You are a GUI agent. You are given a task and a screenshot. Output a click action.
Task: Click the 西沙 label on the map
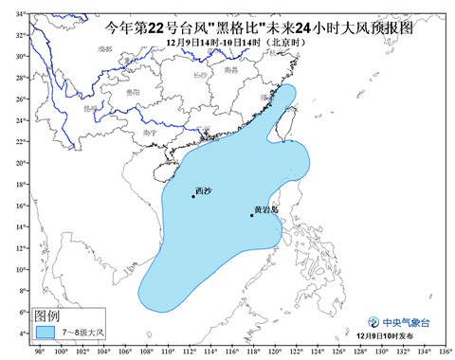coord(203,190)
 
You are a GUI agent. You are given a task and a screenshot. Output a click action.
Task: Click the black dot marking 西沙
coord(193,197)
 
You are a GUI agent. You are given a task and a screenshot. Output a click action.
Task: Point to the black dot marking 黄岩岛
coord(251,215)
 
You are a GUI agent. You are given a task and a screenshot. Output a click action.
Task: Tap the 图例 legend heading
coord(47,315)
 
